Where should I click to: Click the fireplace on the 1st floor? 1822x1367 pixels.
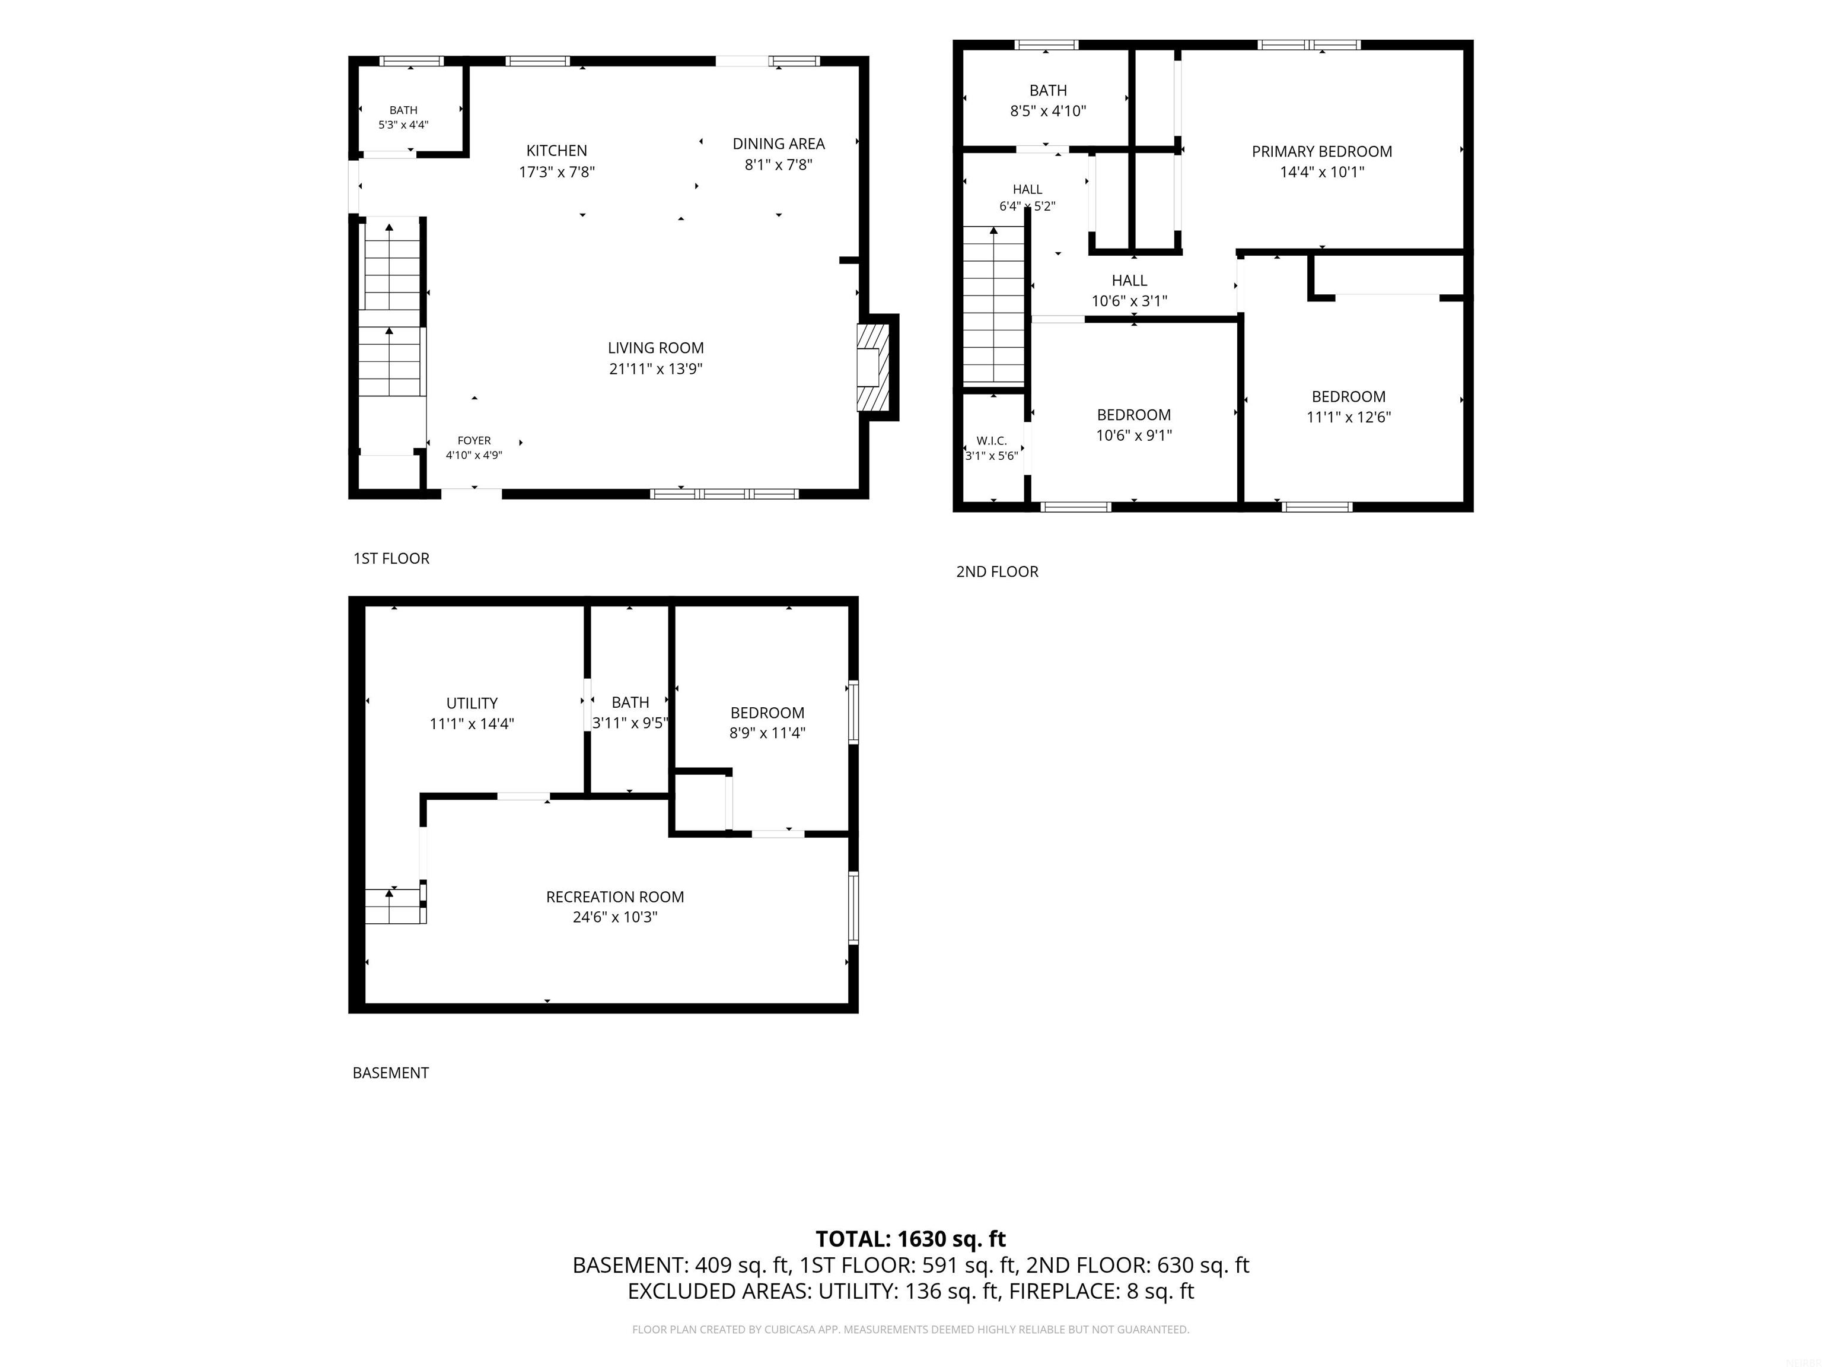point(873,367)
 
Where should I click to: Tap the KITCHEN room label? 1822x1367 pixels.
point(557,151)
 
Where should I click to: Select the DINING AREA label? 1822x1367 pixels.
point(778,144)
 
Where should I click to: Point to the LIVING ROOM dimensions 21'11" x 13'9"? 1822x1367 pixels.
point(655,369)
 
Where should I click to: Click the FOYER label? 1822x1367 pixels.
point(474,441)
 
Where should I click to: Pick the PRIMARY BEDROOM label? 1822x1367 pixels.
point(1322,152)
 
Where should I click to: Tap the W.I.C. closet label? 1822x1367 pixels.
point(992,441)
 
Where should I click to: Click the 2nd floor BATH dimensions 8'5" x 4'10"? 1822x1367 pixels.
point(1049,111)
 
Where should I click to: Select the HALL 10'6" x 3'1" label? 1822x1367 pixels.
point(1129,291)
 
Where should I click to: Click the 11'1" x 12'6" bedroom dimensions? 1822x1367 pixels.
point(1348,418)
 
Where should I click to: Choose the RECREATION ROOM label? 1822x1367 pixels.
point(615,897)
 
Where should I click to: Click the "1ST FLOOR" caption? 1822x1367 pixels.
point(391,559)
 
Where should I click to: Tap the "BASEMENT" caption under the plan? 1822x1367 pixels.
point(390,1073)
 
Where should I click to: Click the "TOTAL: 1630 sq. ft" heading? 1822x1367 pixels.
point(911,1239)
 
